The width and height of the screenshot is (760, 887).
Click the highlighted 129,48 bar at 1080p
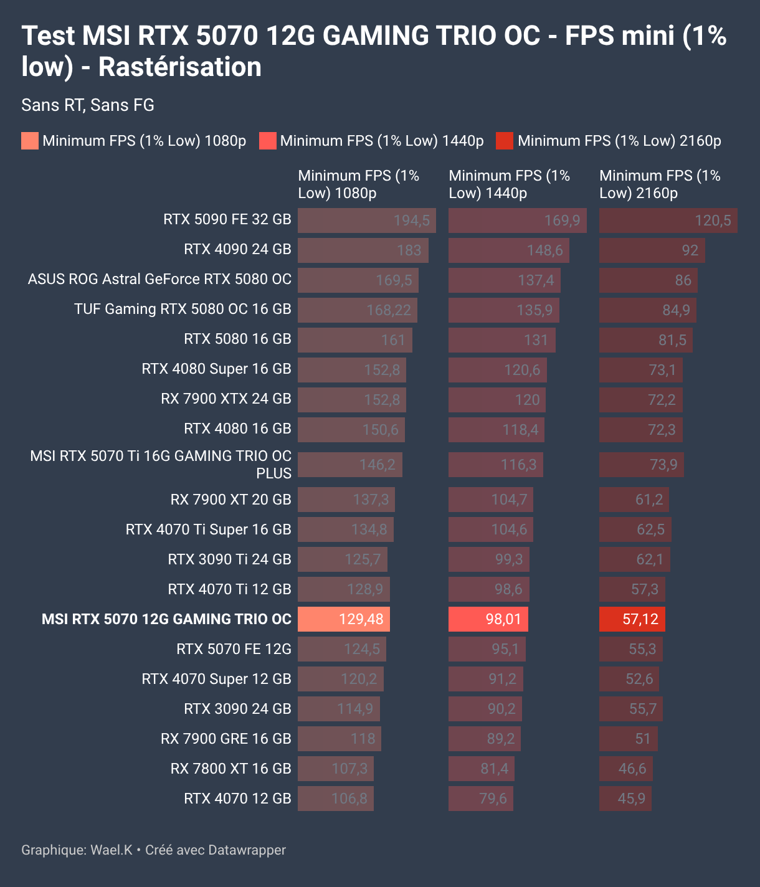343,619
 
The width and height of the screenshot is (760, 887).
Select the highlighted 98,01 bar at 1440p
488,619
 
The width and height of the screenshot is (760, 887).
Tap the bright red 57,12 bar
632,619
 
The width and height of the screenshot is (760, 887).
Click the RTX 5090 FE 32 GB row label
227,219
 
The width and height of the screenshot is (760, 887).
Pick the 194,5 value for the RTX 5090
411,221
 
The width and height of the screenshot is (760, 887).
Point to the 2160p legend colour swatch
504,141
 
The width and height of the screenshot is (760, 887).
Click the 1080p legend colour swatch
29,141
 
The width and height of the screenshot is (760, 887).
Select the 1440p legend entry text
381,141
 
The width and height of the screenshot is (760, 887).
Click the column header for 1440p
509,184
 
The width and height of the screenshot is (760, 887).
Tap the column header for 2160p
660,184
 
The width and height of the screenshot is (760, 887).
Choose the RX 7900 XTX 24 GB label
226,399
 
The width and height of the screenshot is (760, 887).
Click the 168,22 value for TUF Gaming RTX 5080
389,310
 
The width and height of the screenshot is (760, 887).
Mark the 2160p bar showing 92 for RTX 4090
652,250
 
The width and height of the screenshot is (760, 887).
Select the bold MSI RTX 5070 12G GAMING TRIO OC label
166,619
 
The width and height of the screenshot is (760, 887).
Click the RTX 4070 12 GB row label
237,799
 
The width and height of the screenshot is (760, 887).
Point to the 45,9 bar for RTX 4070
625,799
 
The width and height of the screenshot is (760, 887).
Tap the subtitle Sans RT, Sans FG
88,105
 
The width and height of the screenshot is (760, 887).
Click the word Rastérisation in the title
179,67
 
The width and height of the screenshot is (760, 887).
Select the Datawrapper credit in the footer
215,850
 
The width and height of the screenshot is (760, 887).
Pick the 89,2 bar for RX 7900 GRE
484,739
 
